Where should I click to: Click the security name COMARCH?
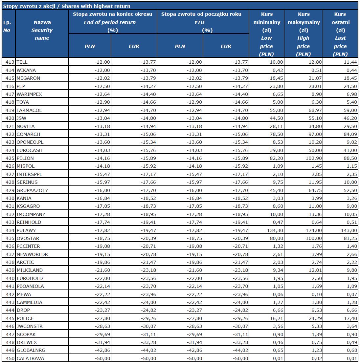click(28, 134)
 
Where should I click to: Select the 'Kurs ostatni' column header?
click(340, 34)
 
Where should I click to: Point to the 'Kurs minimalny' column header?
click(266, 34)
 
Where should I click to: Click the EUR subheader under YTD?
click(226, 46)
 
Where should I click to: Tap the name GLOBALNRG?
click(30, 350)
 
